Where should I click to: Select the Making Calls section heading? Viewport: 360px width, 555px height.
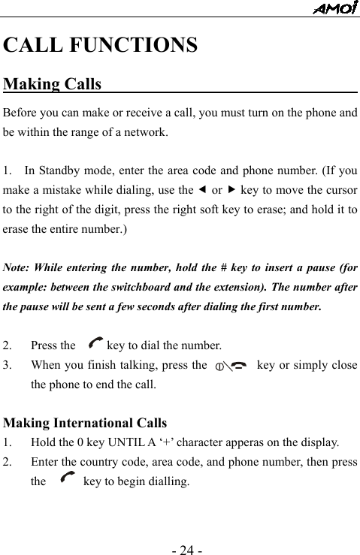pyautogui.click(x=53, y=84)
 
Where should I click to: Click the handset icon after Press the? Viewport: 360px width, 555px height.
pyautogui.click(x=95, y=345)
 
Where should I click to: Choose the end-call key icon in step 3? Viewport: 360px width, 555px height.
pyautogui.click(x=229, y=366)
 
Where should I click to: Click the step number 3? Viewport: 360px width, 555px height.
pyautogui.click(x=7, y=366)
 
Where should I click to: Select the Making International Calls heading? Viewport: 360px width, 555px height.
pyautogui.click(x=85, y=423)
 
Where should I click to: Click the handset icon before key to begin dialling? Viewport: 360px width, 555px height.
pyautogui.click(x=65, y=477)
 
